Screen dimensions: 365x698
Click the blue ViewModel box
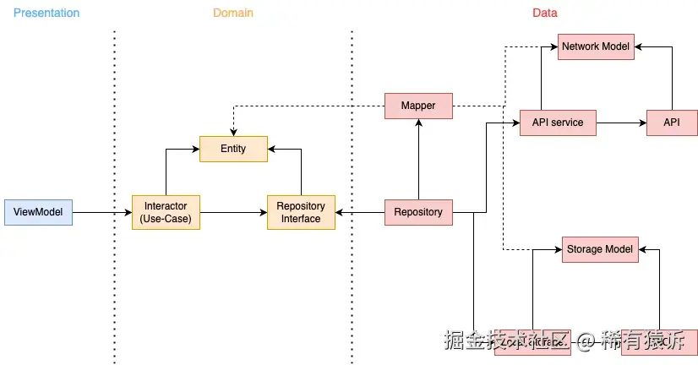[x=38, y=212]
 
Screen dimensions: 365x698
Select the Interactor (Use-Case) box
[x=166, y=212]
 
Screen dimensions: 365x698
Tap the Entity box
[x=233, y=149]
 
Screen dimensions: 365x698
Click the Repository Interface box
[x=301, y=212]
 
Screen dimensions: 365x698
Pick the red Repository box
[x=418, y=212]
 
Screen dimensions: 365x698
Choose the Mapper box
[x=418, y=106]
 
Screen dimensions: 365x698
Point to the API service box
[x=558, y=123]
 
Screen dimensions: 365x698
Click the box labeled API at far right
[x=672, y=123]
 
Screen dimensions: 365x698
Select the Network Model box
[x=596, y=46]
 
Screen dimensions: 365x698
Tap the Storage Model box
[x=600, y=249]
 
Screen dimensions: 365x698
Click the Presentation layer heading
[x=46, y=13]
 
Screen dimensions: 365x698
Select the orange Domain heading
[x=232, y=13]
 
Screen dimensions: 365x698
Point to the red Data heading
[x=545, y=13]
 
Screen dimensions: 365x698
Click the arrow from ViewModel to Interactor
[x=101, y=212]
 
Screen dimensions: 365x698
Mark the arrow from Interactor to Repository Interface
[x=232, y=212]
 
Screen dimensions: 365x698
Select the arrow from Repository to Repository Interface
[x=360, y=212]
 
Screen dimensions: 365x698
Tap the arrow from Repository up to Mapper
[x=418, y=161]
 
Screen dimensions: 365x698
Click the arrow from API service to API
[x=621, y=123]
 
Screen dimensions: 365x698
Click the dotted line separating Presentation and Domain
[x=114, y=253]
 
